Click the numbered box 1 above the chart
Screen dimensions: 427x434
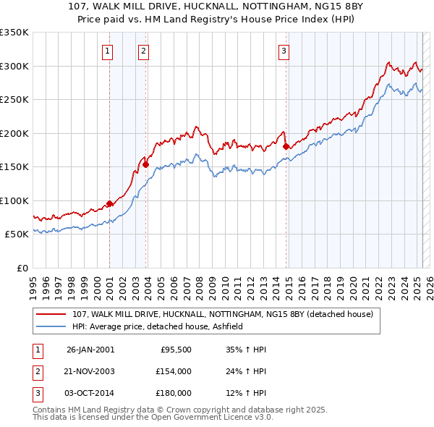click(x=107, y=51)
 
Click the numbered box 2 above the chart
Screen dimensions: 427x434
click(x=144, y=51)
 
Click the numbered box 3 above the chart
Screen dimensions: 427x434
click(x=284, y=51)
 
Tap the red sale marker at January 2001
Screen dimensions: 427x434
click(x=109, y=204)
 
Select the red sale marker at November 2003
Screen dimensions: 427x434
click(x=145, y=164)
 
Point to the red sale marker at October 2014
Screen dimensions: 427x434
click(x=286, y=147)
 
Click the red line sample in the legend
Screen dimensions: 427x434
click(x=51, y=314)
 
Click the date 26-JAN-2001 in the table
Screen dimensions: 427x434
click(x=90, y=350)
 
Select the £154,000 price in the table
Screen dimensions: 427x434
click(x=173, y=371)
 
